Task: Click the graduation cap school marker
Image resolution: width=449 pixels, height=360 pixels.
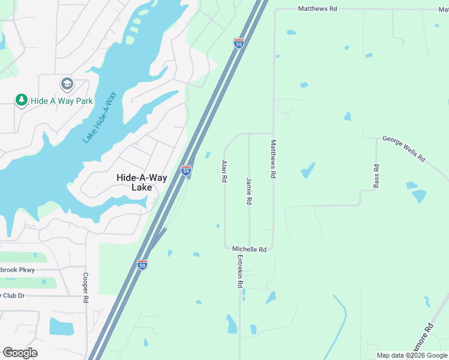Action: coord(67,83)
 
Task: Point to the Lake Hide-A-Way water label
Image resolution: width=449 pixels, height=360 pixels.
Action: coord(100,117)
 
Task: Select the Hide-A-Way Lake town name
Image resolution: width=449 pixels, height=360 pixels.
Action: coord(133,182)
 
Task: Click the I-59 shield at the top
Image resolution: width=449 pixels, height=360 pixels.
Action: coord(238,44)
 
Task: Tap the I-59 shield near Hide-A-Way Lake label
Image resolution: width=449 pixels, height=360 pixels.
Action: coord(186,170)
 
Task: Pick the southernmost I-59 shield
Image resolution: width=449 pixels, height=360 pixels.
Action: coord(142,265)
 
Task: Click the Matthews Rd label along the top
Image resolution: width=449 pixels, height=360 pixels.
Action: coord(318,9)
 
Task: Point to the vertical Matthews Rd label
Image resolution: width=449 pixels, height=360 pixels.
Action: coord(273,159)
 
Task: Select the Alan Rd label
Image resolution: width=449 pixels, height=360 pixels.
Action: coord(224,171)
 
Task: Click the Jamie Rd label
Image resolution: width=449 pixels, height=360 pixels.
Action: coord(249,191)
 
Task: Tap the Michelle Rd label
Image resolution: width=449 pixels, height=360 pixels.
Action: coord(249,249)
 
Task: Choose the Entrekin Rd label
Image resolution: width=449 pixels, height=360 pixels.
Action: coord(240,272)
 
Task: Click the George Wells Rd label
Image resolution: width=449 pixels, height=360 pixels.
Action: coord(403,149)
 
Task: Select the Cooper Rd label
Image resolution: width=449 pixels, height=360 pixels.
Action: coord(86,288)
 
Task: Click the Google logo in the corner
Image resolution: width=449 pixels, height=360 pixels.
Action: coord(20,353)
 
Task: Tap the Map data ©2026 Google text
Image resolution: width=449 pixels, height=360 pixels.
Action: coord(411,355)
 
